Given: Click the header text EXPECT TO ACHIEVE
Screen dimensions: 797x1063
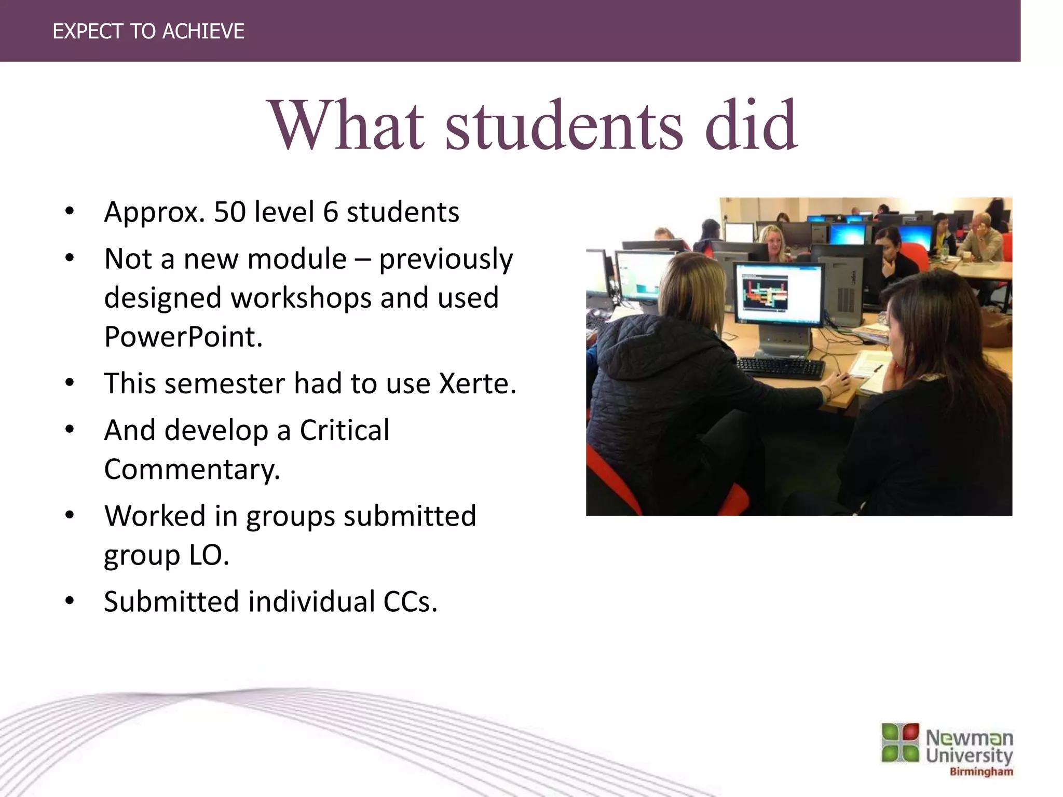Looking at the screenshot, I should tap(148, 32).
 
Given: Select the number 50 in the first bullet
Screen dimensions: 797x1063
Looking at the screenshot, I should tap(229, 212).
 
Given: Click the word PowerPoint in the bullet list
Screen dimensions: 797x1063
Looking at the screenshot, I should tap(183, 337).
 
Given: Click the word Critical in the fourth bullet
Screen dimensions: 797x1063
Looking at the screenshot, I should tap(344, 431).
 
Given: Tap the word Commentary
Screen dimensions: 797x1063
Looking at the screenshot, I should tap(192, 470).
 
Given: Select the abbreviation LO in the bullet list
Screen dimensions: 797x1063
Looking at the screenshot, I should tap(209, 556).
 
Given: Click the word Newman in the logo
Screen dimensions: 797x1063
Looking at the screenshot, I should tap(969, 738).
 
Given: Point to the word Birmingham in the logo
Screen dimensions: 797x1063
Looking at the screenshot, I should tap(981, 772).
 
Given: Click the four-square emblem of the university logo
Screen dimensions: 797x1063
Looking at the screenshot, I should tap(900, 743).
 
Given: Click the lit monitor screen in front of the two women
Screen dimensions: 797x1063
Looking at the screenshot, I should tap(779, 294).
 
